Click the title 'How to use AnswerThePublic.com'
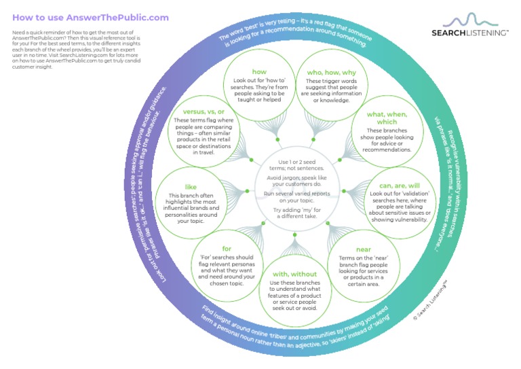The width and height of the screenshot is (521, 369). (90, 18)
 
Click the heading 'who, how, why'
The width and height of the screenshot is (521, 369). (332, 72)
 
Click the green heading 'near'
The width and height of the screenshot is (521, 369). (363, 250)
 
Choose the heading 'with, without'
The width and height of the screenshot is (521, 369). (295, 274)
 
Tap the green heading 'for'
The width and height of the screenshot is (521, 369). (227, 249)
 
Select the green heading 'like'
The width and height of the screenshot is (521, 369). (191, 187)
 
